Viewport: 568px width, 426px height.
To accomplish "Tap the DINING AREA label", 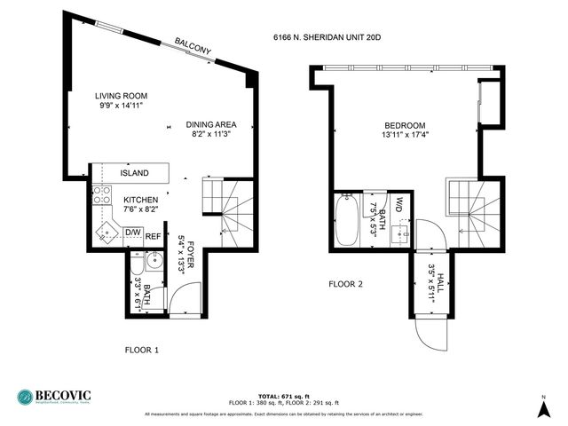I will pyautogui.click(x=211, y=124).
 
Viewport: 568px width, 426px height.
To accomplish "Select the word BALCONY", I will pyautogui.click(x=193, y=46).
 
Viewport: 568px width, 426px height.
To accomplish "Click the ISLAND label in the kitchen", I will pyautogui.click(x=134, y=173).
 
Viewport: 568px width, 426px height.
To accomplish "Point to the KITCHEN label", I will pyautogui.click(x=140, y=200).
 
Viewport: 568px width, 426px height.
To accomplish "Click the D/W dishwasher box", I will pyautogui.click(x=134, y=233).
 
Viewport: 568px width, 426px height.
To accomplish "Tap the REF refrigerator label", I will pyautogui.click(x=154, y=236).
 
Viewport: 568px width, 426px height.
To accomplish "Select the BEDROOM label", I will pyautogui.click(x=405, y=125).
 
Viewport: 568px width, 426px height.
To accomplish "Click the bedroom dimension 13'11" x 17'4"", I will pyautogui.click(x=405, y=136).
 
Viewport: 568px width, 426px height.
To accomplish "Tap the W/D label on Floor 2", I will pyautogui.click(x=400, y=205).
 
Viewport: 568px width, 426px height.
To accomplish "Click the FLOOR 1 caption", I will pyautogui.click(x=141, y=350).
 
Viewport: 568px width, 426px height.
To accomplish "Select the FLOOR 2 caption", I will pyautogui.click(x=346, y=285).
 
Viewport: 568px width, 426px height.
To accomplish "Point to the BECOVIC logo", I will pyautogui.click(x=53, y=397).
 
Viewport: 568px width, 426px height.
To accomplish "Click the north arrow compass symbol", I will pyautogui.click(x=543, y=406).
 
